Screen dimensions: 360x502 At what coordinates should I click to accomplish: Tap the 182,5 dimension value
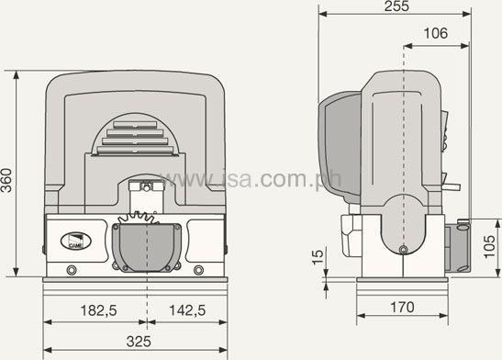(x=98, y=310)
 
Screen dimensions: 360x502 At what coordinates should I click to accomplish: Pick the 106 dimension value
(x=436, y=34)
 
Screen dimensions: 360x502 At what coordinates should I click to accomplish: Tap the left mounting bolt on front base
(x=72, y=270)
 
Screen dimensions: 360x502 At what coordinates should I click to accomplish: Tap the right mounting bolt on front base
(x=199, y=270)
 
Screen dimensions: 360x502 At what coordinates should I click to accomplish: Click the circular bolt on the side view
(x=404, y=250)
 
